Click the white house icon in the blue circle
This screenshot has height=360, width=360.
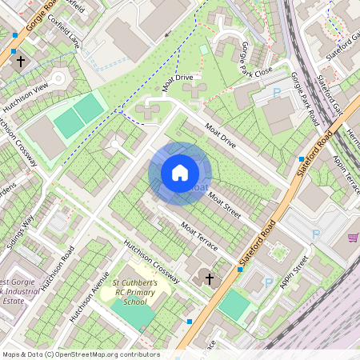[180, 172]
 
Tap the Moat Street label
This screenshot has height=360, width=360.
[223, 204]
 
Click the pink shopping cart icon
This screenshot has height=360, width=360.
[353, 238]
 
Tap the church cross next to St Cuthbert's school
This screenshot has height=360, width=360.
[210, 279]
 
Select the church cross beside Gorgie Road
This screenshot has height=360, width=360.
[20, 61]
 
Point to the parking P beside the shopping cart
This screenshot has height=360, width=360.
[317, 234]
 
